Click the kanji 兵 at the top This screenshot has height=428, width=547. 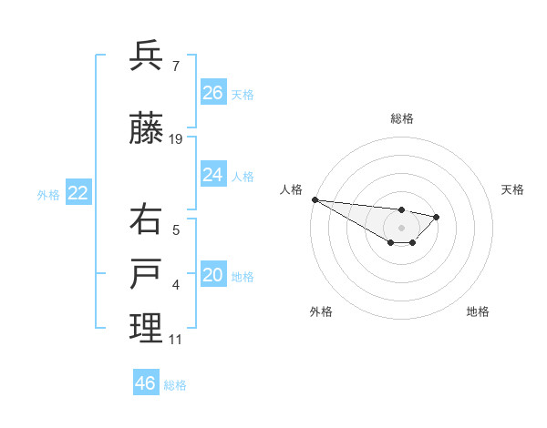(x=146, y=56)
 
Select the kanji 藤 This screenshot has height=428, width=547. (x=146, y=130)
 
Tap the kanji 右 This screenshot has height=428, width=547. (x=146, y=219)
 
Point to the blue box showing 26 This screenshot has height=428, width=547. (x=213, y=93)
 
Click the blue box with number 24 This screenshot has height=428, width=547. (x=213, y=175)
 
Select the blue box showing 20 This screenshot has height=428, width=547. (x=213, y=275)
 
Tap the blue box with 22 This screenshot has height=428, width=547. (x=78, y=192)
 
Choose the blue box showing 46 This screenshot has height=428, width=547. (x=146, y=383)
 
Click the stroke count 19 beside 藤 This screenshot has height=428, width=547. (x=176, y=139)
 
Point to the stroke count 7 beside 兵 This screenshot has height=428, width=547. (x=175, y=66)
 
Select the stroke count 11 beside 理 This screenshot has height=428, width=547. (x=175, y=340)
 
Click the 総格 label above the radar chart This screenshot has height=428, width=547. (x=402, y=118)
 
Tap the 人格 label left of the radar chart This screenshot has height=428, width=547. (x=291, y=189)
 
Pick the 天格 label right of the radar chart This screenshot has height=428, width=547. (x=513, y=189)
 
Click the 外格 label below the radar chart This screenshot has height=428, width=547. (x=321, y=311)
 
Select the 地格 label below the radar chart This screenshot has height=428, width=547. (x=478, y=311)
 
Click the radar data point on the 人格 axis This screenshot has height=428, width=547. (x=315, y=199)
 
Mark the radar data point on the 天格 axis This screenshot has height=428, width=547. (x=437, y=217)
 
